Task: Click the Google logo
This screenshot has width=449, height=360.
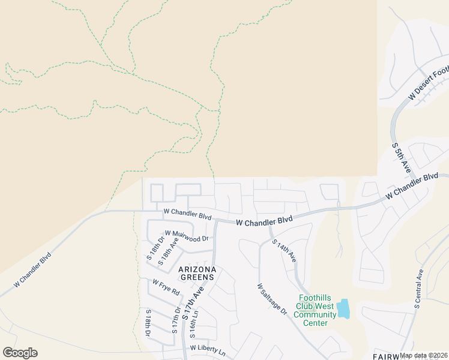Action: (x=20, y=353)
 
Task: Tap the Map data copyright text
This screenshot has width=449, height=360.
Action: (x=424, y=355)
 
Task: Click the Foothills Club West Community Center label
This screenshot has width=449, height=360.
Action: (x=315, y=311)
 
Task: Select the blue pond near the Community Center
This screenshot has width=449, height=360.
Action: (x=343, y=309)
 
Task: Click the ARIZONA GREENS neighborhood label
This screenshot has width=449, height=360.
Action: (x=205, y=273)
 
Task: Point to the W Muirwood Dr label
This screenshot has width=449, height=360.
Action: (x=186, y=235)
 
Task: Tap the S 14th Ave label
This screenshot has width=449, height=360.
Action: (x=284, y=251)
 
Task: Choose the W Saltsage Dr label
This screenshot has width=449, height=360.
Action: (x=273, y=300)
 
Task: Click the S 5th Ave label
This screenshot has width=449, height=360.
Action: (x=401, y=158)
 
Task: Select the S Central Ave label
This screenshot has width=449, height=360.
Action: (x=418, y=289)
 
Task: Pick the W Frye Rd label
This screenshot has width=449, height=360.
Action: (x=166, y=287)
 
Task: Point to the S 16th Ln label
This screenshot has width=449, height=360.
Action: (x=193, y=323)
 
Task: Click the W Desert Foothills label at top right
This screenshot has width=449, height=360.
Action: (x=428, y=83)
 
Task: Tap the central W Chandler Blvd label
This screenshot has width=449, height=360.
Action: (x=264, y=221)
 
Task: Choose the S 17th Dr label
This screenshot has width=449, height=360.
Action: (x=176, y=321)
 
